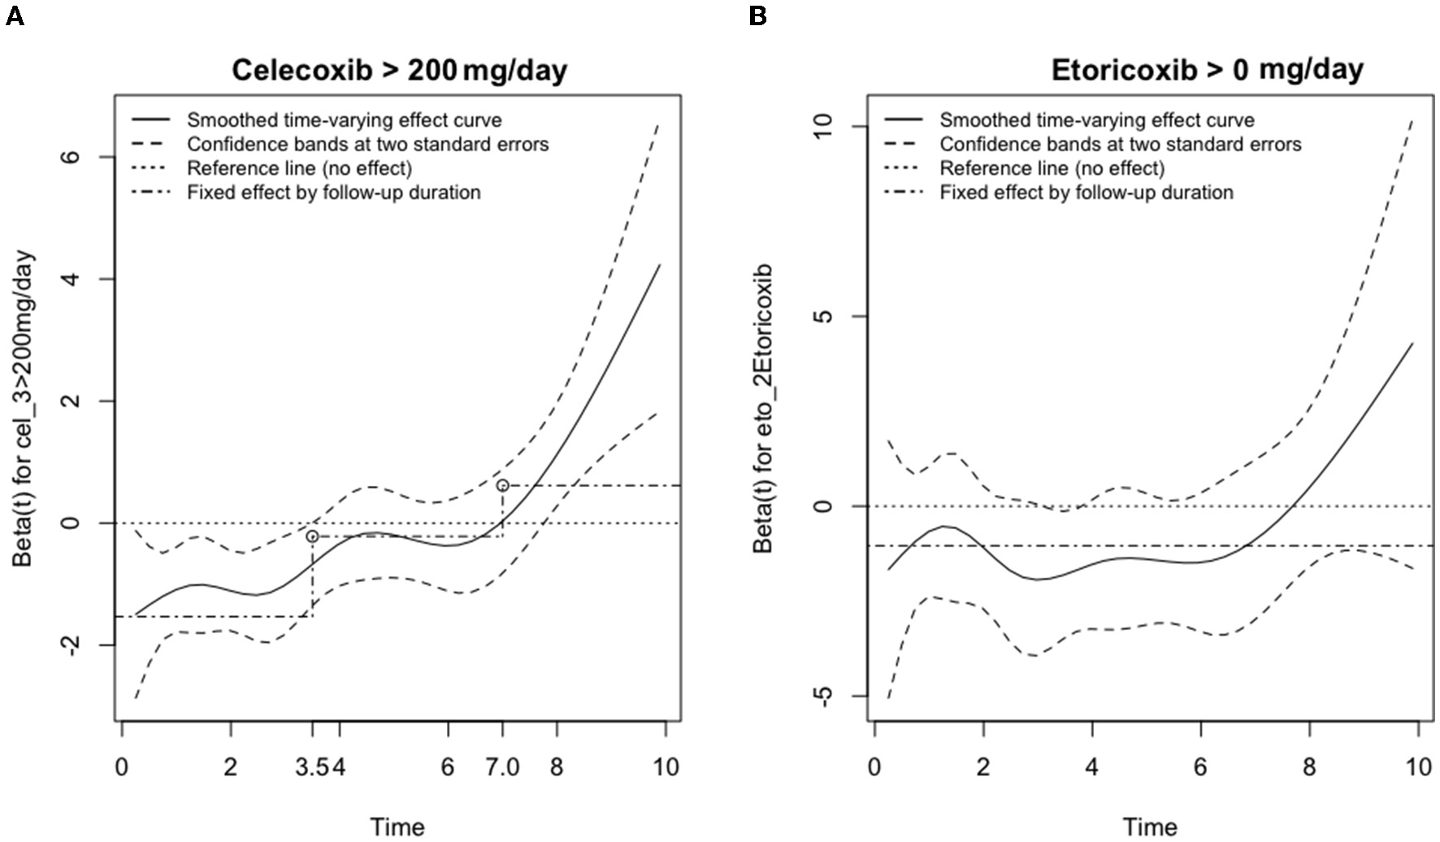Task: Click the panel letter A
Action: tap(14, 15)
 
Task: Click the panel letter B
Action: tap(757, 15)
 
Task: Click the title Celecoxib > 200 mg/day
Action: tap(399, 70)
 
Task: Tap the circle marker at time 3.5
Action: tap(312, 536)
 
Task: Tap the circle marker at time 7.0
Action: tap(503, 485)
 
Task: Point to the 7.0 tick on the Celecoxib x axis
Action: tap(503, 767)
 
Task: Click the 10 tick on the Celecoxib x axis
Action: tap(666, 767)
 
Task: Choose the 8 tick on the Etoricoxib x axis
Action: tap(1309, 767)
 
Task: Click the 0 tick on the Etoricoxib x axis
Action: tap(874, 767)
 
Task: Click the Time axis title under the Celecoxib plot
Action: tap(397, 827)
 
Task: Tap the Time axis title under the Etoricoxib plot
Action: tap(1150, 827)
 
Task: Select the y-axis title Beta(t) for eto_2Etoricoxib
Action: tap(763, 409)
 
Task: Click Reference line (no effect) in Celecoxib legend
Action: tap(299, 168)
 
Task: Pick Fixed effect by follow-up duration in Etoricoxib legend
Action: tap(1087, 193)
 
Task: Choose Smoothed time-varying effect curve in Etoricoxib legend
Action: tap(1097, 120)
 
